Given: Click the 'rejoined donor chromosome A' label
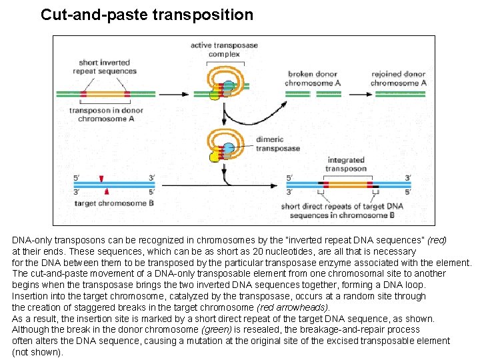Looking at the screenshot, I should [398, 79].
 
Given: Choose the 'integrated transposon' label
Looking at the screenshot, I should [346, 164].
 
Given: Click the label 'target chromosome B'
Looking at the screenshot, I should [114, 203].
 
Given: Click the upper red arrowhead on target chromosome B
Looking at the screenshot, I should [101, 178].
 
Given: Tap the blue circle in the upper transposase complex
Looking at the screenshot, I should [229, 86].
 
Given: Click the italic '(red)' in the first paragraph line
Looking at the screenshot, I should [436, 239].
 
